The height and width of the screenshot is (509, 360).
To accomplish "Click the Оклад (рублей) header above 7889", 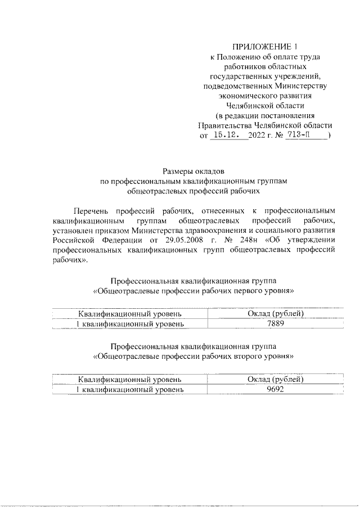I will click(276, 313).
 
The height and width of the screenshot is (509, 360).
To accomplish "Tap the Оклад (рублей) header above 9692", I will click(276, 379).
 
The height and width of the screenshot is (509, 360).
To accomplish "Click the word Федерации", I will click(120, 241).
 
